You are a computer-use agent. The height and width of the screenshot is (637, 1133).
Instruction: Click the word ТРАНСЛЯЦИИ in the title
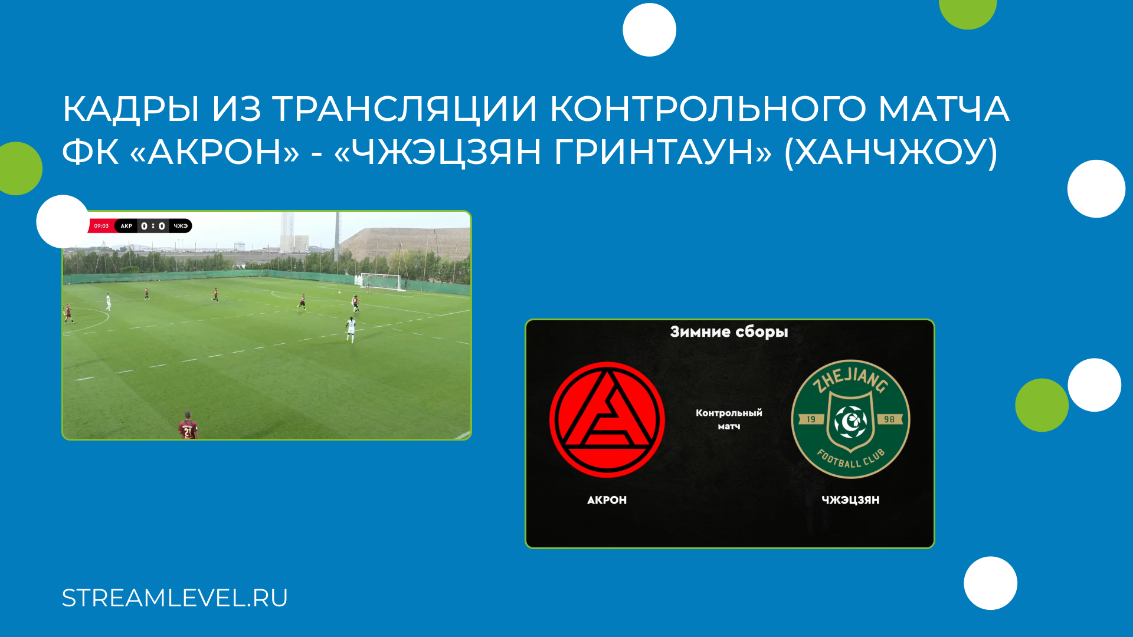[x=404, y=110]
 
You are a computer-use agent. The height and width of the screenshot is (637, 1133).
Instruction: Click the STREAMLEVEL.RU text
[x=175, y=598]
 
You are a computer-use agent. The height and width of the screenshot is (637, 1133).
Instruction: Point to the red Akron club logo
[x=607, y=419]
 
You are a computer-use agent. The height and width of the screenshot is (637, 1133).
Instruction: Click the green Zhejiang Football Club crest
[x=850, y=419]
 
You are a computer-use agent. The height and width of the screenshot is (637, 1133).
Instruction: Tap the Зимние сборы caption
[x=729, y=332]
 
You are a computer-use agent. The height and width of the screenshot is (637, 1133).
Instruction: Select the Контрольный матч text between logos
[x=729, y=419]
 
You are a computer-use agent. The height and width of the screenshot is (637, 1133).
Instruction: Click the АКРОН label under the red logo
[x=607, y=500]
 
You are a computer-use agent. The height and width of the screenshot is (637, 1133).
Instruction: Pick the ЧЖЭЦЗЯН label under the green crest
[x=850, y=500]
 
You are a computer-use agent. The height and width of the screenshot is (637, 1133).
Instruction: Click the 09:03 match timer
[x=101, y=226]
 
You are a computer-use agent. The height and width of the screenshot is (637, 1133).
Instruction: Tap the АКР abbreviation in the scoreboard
[x=126, y=226]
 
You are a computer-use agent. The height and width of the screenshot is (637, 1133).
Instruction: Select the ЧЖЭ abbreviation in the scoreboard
[x=181, y=226]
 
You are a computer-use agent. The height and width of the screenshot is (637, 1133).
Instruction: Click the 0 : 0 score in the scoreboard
[x=153, y=226]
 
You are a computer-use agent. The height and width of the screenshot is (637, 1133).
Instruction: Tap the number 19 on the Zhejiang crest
[x=811, y=419]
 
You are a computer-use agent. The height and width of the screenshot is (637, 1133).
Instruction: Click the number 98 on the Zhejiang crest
[x=889, y=419]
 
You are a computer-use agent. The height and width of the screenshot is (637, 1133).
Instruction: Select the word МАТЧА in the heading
[x=944, y=110]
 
